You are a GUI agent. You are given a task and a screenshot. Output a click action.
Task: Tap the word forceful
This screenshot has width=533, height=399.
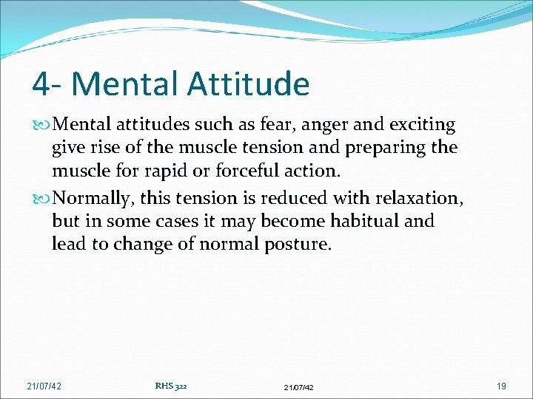coord(243,170)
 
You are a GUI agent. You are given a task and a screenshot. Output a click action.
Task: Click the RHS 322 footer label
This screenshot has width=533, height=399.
coord(171,385)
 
